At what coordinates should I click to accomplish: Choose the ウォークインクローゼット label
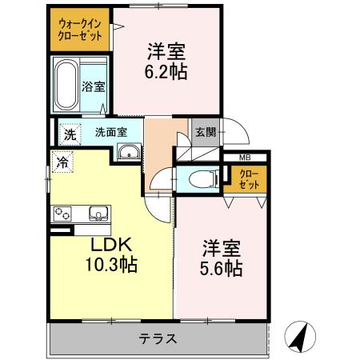click(80, 30)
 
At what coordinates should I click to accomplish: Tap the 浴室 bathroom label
click(94, 86)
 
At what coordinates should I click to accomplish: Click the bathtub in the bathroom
click(66, 85)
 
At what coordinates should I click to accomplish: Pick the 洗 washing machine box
click(70, 134)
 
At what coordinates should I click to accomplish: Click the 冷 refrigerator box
click(62, 162)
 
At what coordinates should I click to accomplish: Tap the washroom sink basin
click(128, 153)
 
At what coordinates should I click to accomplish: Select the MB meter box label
click(245, 158)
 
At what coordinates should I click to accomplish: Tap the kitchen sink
click(98, 214)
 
